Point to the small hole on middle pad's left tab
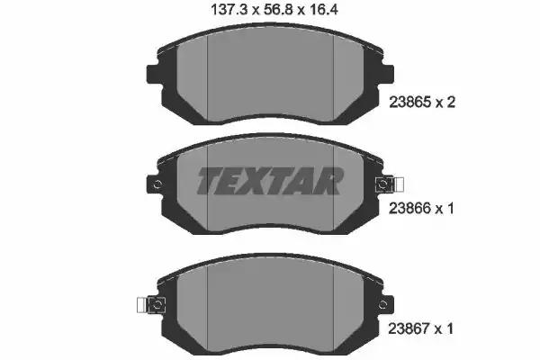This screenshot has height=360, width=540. click(x=158, y=185)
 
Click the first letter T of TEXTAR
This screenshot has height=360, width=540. click(x=209, y=181)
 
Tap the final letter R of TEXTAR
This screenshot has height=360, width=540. click(x=329, y=181)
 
